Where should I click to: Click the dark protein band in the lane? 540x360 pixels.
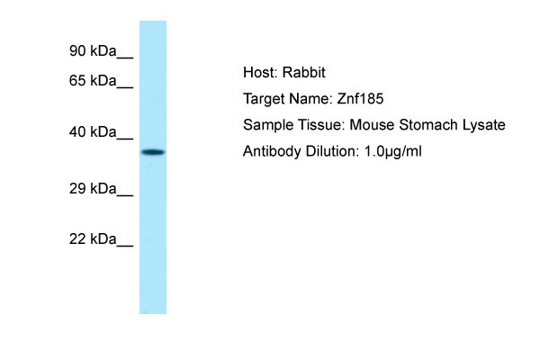[x=153, y=152]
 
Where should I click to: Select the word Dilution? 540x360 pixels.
[x=328, y=151]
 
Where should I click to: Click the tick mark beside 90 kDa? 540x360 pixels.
[x=126, y=57]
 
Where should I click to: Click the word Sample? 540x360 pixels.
[x=265, y=125]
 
